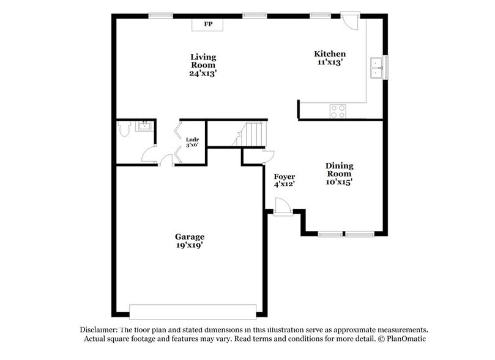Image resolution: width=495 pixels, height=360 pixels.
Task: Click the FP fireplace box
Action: tap(208, 24)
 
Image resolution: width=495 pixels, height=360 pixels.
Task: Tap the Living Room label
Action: tap(203, 65)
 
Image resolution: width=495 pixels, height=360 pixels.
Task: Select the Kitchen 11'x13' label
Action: tap(330, 58)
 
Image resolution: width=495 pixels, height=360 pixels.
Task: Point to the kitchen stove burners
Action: tap(337, 111)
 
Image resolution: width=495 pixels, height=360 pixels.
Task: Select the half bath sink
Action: tap(145, 127)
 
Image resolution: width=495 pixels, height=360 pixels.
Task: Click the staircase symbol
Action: tap(252, 133)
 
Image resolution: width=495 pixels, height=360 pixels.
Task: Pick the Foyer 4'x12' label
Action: tap(285, 181)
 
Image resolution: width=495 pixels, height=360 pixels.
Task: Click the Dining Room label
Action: tap(339, 173)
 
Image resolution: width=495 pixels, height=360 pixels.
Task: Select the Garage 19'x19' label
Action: tap(189, 241)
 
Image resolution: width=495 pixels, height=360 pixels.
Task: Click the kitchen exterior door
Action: tap(351, 20)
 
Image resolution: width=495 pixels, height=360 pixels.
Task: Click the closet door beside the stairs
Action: tap(268, 156)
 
